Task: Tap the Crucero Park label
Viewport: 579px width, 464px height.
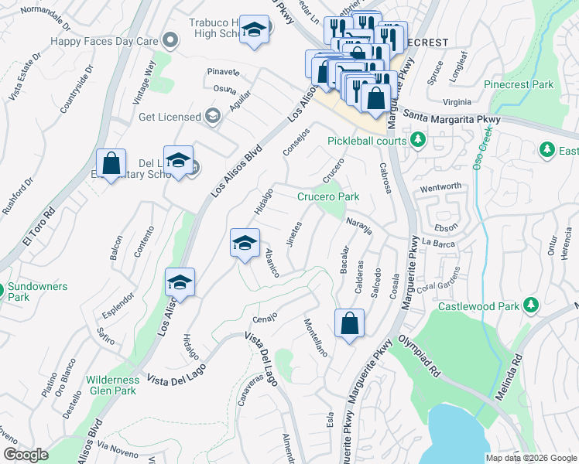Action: (x=328, y=196)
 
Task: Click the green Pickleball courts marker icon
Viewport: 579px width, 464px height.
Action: (x=418, y=140)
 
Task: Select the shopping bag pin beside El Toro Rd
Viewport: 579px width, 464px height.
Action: (x=111, y=164)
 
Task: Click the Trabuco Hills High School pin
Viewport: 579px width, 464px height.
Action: (x=253, y=31)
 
